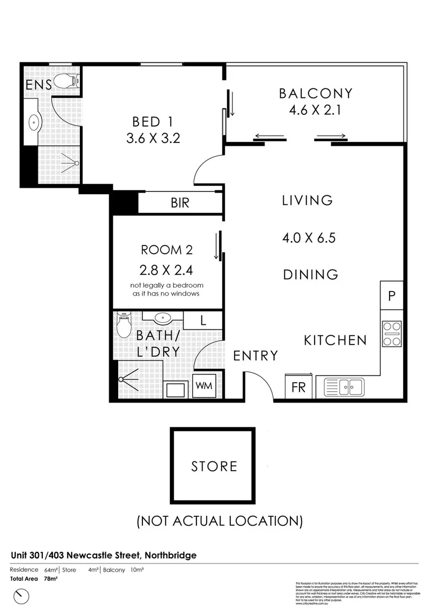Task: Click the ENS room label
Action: (x=39, y=85)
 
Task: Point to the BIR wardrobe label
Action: (x=180, y=203)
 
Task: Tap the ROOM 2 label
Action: (x=162, y=250)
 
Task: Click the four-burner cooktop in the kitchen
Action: (x=392, y=333)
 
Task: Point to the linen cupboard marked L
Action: (x=203, y=320)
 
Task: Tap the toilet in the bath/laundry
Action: (x=123, y=325)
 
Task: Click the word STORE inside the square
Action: (x=214, y=466)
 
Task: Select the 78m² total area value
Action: (x=51, y=578)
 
